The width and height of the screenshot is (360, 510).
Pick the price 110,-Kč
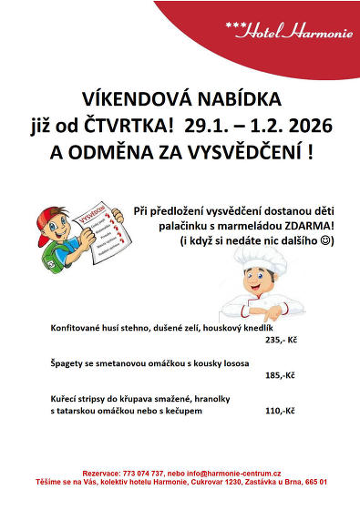(x=280, y=411)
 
